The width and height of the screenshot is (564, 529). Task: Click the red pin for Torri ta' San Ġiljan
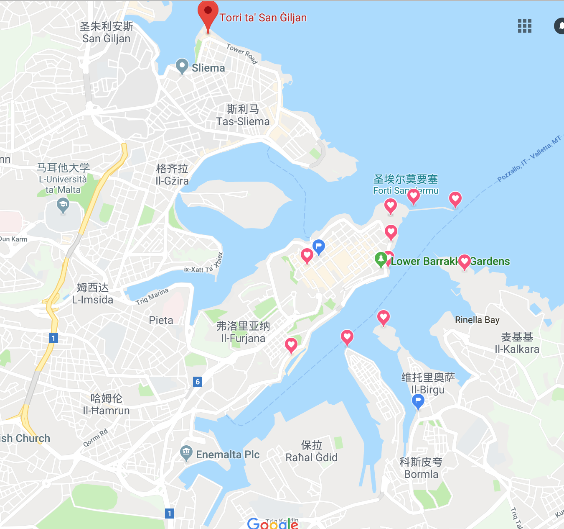pyautogui.click(x=208, y=13)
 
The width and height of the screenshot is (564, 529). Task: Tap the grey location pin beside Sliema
pyautogui.click(x=182, y=66)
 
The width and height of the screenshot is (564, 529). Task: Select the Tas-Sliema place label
pyautogui.click(x=243, y=121)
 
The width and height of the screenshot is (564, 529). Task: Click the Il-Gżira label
pyautogui.click(x=172, y=181)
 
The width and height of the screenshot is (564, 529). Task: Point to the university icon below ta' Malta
pyautogui.click(x=63, y=205)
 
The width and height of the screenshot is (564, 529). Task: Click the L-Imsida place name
pyautogui.click(x=92, y=300)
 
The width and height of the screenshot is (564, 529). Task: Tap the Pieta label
pyautogui.click(x=161, y=320)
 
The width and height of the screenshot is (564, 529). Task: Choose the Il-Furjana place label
pyautogui.click(x=243, y=338)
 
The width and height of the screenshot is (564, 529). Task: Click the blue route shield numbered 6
pyautogui.click(x=198, y=381)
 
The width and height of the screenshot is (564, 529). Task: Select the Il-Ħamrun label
pyautogui.click(x=106, y=411)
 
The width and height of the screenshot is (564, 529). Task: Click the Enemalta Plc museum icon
pyautogui.click(x=186, y=452)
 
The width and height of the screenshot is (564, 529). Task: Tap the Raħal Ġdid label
pyautogui.click(x=311, y=457)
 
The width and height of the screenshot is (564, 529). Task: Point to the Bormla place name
pyautogui.click(x=421, y=474)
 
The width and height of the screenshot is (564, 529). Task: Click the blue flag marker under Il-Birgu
pyautogui.click(x=418, y=401)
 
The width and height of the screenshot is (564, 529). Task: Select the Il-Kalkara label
pyautogui.click(x=517, y=349)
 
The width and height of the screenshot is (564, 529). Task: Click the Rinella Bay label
pyautogui.click(x=477, y=320)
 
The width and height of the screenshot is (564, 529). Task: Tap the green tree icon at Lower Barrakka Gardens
pyautogui.click(x=381, y=259)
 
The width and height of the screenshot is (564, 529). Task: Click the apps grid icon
pyautogui.click(x=525, y=26)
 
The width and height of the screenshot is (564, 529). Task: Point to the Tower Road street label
pyautogui.click(x=242, y=54)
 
